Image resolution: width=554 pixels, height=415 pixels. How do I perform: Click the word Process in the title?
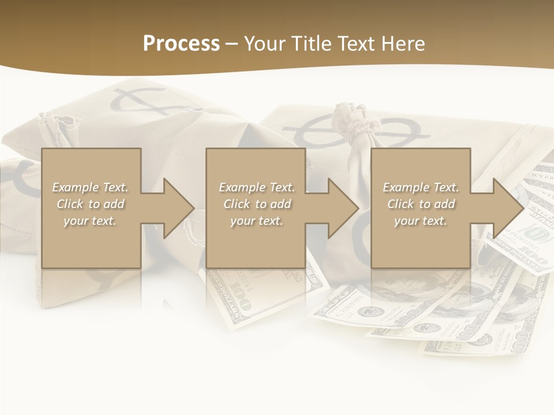181,44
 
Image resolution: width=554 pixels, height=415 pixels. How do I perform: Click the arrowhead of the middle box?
342,208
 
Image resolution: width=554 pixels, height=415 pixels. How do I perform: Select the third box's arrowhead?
507,208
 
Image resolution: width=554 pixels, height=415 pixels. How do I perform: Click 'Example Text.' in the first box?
90,187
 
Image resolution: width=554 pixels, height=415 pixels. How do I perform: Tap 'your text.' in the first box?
90,221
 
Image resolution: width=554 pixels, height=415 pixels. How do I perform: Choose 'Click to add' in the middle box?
257,204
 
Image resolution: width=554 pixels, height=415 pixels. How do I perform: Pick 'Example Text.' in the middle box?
257,187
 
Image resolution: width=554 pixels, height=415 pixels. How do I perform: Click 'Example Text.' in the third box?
421,187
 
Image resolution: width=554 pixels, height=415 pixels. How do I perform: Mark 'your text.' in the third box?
421,221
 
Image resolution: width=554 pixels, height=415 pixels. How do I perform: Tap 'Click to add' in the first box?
90,204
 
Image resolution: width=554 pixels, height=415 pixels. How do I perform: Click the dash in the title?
231,44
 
